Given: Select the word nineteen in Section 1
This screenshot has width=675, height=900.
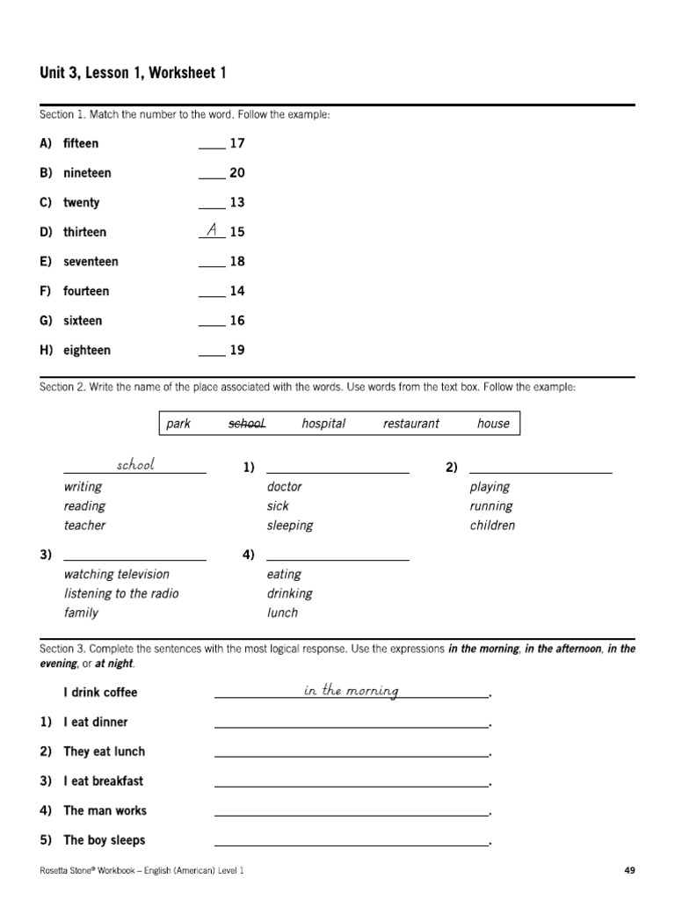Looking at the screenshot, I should pos(87,173).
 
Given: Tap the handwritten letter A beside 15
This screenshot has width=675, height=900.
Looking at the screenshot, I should pos(211,230).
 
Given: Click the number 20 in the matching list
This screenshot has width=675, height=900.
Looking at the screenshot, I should pos(237,173).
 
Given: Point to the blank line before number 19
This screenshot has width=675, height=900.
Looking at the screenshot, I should pos(212,355).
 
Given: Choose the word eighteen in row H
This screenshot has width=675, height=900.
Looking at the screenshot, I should pos(87,350).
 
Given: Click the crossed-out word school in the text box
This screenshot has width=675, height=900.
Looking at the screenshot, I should pos(247,424).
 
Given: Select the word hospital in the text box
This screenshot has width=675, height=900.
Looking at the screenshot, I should pos(323,424).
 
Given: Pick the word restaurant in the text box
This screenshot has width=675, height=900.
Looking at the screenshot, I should pos(410,424).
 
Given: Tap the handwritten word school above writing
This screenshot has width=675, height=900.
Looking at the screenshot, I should pos(135,464).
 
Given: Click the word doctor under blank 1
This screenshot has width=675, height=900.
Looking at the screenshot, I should pos(284,487).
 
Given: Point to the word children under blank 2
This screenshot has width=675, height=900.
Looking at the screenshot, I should pos(492,526).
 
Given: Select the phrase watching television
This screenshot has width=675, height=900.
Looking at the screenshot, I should pos(116,574).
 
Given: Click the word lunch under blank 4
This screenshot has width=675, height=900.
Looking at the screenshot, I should pos(282,613).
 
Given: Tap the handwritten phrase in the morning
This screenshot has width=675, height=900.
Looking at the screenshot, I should pos(351,691).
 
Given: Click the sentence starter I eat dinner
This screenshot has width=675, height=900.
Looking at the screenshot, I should pos(95,722).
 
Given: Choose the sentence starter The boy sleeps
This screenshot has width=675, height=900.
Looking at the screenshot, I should pos(104,840).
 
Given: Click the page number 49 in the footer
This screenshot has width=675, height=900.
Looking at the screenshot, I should pos(629,870).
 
